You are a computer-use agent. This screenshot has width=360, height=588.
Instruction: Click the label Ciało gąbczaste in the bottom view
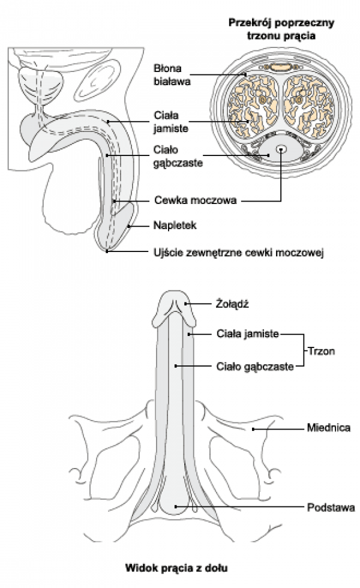click(254, 365)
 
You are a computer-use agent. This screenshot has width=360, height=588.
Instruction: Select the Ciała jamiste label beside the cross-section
click(171, 121)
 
